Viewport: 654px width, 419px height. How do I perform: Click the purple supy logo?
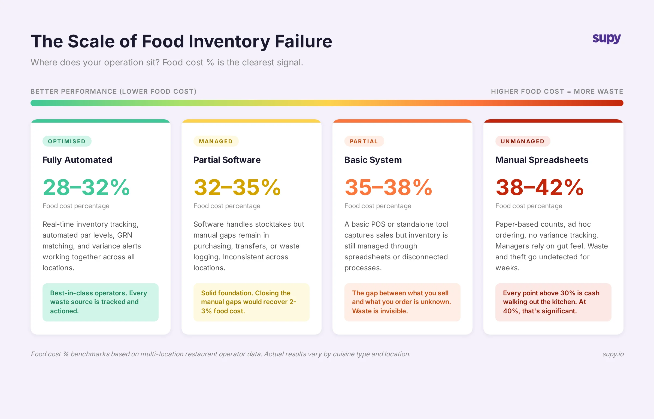pyautogui.click(x=607, y=39)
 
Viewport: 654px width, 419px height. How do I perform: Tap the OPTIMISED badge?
pyautogui.click(x=67, y=141)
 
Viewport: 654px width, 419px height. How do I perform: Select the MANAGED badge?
pyautogui.click(x=216, y=141)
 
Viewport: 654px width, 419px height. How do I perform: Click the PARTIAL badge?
pyautogui.click(x=364, y=141)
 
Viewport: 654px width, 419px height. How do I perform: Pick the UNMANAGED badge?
pyautogui.click(x=522, y=141)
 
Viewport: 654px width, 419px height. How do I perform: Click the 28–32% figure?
pyautogui.click(x=86, y=187)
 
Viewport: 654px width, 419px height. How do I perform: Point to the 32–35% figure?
pyautogui.click(x=237, y=187)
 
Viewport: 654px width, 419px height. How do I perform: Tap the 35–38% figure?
pyautogui.click(x=388, y=187)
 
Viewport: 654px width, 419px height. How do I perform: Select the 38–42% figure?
pyautogui.click(x=540, y=187)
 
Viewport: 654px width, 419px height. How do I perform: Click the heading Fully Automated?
pyautogui.click(x=77, y=160)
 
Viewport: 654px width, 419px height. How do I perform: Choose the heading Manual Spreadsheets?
pyautogui.click(x=542, y=160)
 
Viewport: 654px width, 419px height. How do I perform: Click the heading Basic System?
pyautogui.click(x=373, y=160)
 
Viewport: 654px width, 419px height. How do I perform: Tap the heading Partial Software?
pyautogui.click(x=227, y=160)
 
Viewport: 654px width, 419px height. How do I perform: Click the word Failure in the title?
pyautogui.click(x=303, y=41)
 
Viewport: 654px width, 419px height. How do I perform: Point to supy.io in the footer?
pyautogui.click(x=613, y=354)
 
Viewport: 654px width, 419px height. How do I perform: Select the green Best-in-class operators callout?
pyautogui.click(x=100, y=302)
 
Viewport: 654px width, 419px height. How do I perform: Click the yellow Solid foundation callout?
pyautogui.click(x=251, y=302)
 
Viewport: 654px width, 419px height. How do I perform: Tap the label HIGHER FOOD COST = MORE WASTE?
pyautogui.click(x=557, y=92)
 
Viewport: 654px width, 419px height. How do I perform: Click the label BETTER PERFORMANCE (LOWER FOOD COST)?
pyautogui.click(x=113, y=92)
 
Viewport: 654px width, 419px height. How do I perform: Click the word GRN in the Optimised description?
pyautogui.click(x=125, y=235)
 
